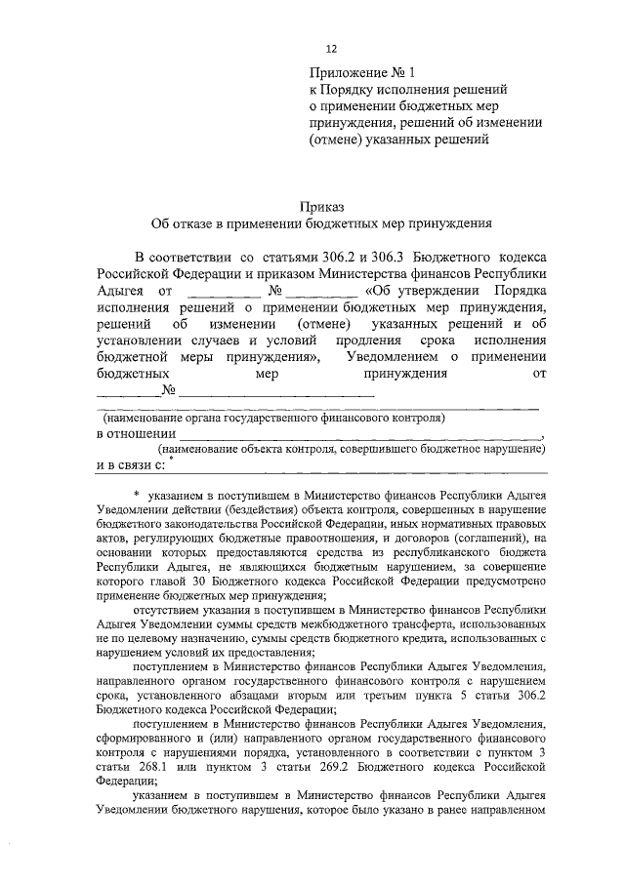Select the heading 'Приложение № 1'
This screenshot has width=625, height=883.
click(x=360, y=72)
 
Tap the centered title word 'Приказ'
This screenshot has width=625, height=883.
click(x=321, y=205)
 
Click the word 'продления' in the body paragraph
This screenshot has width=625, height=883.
click(x=367, y=341)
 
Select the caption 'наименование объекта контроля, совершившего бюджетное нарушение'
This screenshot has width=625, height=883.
click(x=354, y=449)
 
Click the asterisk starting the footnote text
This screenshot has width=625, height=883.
click(x=138, y=497)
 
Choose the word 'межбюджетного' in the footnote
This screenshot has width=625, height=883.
click(x=350, y=624)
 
